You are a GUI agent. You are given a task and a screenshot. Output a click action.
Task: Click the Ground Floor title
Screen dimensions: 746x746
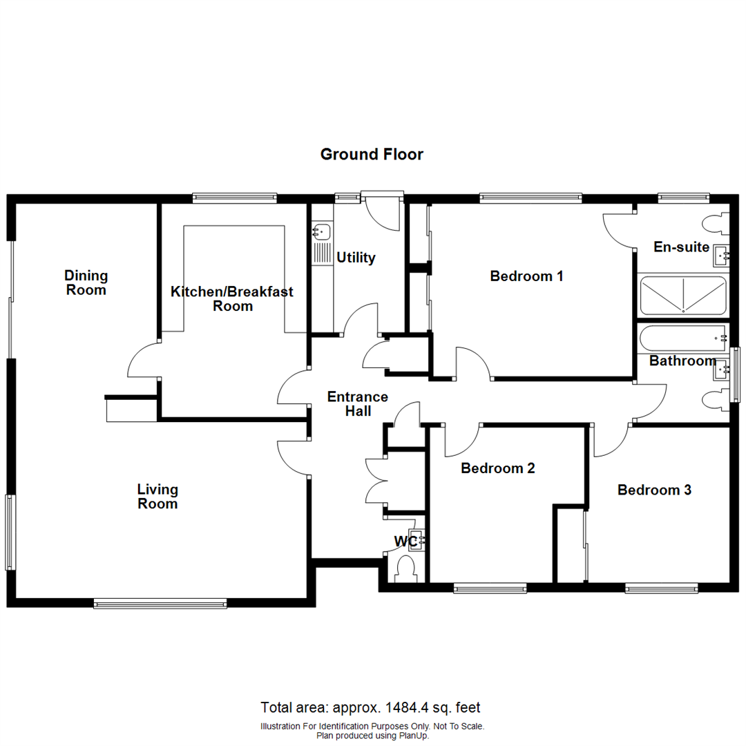[372, 154]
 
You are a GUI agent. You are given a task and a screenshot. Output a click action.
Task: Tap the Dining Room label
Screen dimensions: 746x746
[86, 283]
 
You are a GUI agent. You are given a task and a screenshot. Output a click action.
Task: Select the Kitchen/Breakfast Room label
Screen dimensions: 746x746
[232, 298]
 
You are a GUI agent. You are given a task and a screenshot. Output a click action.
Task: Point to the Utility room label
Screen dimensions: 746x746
[356, 258]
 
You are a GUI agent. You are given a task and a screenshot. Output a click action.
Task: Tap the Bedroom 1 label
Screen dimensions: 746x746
[526, 276]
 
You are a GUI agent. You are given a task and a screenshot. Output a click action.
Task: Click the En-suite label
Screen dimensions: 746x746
[681, 247]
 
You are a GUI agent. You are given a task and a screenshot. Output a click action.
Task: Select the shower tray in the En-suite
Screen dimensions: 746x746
[683, 296]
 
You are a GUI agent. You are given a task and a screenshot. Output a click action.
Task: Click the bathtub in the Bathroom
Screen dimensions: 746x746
[683, 338]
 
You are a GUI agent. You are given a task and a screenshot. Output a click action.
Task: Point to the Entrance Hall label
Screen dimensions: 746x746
[358, 404]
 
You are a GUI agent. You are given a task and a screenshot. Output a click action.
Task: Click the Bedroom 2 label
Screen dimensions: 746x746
[497, 468]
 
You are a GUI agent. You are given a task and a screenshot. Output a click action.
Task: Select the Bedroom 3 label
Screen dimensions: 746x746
[654, 490]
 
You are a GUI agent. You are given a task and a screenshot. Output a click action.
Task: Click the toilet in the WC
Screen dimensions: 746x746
[406, 568]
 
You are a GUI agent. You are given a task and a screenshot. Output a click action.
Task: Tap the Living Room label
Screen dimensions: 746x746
[157, 496]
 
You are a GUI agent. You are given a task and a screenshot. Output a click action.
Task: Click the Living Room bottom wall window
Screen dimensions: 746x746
[160, 604]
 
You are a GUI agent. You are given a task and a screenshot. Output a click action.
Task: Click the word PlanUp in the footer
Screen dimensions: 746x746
[414, 736]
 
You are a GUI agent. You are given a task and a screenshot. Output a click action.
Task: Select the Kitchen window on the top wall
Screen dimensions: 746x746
[235, 198]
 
